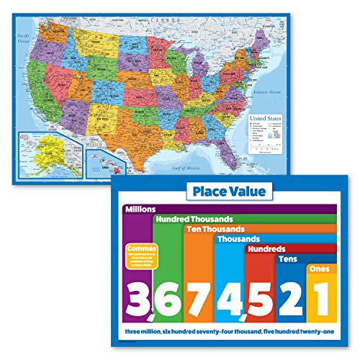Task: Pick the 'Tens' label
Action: coord(288,259)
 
